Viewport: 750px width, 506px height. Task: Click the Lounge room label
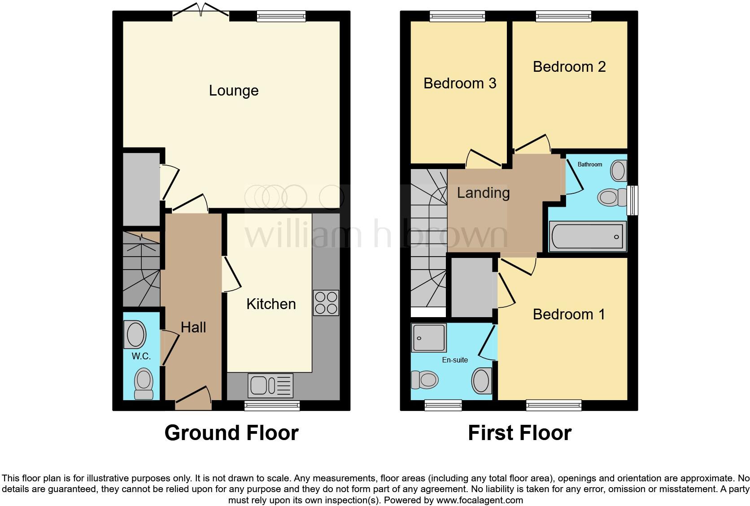tap(234, 91)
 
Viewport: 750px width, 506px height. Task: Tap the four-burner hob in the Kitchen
tap(326, 303)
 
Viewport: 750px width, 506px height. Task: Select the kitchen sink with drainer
tap(270, 385)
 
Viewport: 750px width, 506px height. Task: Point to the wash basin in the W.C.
tap(136, 334)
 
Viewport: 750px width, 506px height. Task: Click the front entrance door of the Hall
tap(193, 398)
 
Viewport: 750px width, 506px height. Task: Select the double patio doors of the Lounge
tap(201, 10)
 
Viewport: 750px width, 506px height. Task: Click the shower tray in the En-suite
tap(429, 337)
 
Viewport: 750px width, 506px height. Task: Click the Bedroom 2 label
tap(569, 67)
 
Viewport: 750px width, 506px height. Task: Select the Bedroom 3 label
tap(460, 83)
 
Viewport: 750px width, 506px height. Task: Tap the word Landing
tap(483, 193)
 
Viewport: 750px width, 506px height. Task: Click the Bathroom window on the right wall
tap(632, 201)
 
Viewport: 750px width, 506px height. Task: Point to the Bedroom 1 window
tap(554, 406)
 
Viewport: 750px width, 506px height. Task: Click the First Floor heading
tap(519, 433)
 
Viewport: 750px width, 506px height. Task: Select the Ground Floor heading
tap(231, 433)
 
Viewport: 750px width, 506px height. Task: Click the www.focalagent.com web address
tap(479, 500)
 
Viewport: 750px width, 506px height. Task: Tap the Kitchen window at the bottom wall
tap(272, 406)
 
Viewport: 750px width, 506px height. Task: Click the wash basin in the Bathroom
tap(619, 171)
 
